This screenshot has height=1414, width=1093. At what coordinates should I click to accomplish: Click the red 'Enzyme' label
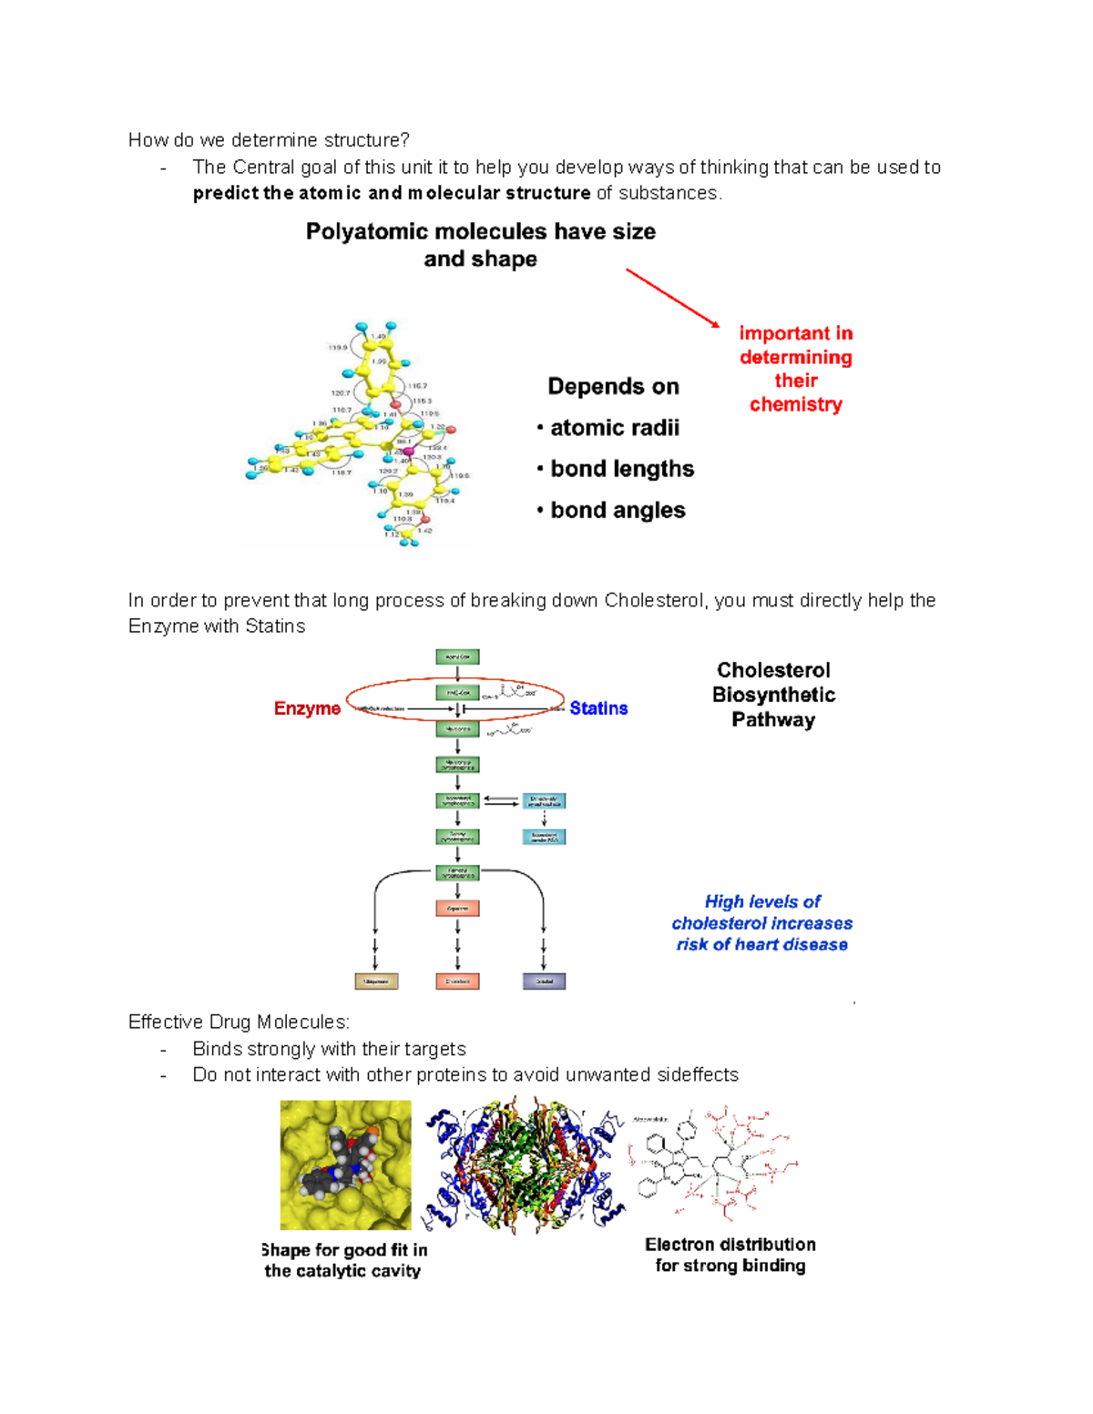coord(307,708)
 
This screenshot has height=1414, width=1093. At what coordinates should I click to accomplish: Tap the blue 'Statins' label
coord(598,708)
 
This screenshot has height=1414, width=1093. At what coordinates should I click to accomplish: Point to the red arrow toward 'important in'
coord(672,298)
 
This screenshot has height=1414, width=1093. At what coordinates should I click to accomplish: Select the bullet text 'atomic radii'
coord(615,428)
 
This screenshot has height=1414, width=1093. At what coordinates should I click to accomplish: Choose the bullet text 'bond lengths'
coord(622,469)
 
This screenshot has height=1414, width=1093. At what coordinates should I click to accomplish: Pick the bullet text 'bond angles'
coord(618,511)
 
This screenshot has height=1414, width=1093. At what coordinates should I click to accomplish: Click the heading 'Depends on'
coord(613,387)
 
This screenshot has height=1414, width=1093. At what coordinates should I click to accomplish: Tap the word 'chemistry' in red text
coord(795,404)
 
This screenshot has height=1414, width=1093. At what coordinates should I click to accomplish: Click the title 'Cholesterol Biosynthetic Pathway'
coord(773,695)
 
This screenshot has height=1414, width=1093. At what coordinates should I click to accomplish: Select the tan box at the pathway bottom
coord(376,982)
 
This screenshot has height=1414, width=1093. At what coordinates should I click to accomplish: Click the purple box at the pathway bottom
coord(544,982)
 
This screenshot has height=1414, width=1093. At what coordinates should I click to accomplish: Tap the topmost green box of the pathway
coord(457,656)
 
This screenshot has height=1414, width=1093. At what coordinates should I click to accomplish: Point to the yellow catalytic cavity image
coord(345,1165)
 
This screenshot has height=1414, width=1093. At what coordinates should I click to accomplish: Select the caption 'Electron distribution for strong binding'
coord(730,1255)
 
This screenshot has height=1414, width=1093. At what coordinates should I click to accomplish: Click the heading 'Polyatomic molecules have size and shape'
coord(480,245)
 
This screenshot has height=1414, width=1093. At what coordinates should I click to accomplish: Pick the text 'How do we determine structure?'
coord(269,140)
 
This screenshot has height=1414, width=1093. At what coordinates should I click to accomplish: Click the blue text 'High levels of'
coord(762,902)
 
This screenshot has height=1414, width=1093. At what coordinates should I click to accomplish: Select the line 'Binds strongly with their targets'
coord(329,1049)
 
